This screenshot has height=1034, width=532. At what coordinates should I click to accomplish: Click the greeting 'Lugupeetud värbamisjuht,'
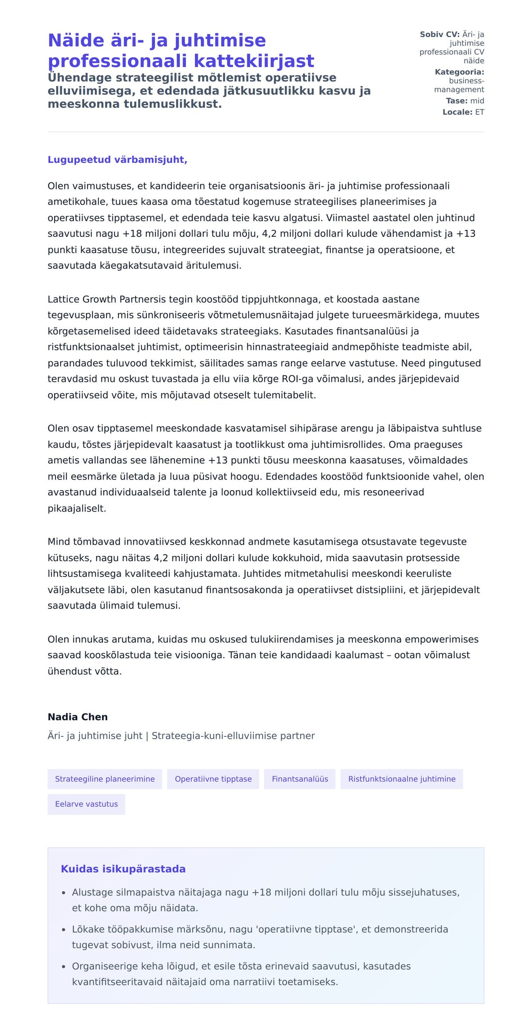(x=117, y=160)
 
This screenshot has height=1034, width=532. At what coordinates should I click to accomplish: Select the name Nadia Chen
(x=78, y=717)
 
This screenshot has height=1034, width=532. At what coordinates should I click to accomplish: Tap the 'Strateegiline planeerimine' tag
(x=105, y=779)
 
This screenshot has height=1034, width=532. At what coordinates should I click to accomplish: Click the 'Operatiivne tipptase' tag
(x=213, y=779)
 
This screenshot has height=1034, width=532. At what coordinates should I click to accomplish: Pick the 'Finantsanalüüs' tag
(x=300, y=779)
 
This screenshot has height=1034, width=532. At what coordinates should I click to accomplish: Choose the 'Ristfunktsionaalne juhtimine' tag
(x=402, y=779)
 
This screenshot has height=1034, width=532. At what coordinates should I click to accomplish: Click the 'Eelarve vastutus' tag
(x=86, y=804)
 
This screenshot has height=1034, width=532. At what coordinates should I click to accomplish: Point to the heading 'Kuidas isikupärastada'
(x=123, y=869)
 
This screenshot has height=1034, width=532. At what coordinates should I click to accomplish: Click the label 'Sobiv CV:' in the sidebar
(x=439, y=34)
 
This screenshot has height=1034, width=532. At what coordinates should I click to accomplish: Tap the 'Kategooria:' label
(x=459, y=72)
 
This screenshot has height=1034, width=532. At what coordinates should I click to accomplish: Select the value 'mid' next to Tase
(x=477, y=101)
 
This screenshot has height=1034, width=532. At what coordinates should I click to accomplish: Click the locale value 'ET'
(x=480, y=112)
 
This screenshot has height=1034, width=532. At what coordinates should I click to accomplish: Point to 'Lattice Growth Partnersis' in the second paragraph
(x=106, y=299)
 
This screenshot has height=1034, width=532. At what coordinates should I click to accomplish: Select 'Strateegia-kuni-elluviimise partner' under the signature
(x=233, y=736)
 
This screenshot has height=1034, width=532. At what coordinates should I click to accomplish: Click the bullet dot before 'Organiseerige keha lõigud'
(x=63, y=967)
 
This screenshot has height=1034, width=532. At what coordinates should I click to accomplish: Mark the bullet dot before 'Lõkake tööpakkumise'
(x=63, y=930)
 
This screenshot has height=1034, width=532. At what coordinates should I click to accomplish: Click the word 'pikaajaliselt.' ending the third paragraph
(x=77, y=508)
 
